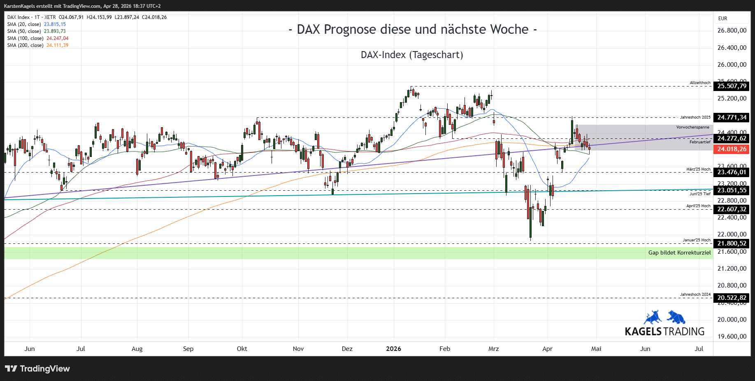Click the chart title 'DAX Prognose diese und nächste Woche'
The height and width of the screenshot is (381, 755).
pyautogui.click(x=413, y=30)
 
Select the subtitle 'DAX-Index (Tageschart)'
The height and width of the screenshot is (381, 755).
pyautogui.click(x=412, y=55)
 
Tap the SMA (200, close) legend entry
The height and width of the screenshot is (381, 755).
pyautogui.click(x=37, y=45)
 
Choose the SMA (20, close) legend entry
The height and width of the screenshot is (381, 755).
pyautogui.click(x=36, y=24)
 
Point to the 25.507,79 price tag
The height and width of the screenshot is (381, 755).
pyautogui.click(x=732, y=86)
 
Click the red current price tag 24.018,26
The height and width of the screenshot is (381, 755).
pyautogui.click(x=732, y=149)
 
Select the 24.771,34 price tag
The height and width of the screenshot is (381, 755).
pyautogui.click(x=732, y=117)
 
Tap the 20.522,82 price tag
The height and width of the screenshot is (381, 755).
pyautogui.click(x=732, y=298)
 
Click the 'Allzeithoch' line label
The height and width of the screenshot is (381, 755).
pyautogui.click(x=700, y=83)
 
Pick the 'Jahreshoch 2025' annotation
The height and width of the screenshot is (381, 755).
pyautogui.click(x=695, y=117)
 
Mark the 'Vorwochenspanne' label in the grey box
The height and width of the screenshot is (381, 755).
pyautogui.click(x=692, y=127)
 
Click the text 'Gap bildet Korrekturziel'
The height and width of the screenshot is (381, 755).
pyautogui.click(x=679, y=252)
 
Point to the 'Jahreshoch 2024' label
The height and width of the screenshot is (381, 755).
pyautogui.click(x=695, y=295)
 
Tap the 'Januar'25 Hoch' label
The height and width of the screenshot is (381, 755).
pyautogui.click(x=696, y=240)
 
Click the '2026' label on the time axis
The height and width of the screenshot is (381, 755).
pyautogui.click(x=393, y=349)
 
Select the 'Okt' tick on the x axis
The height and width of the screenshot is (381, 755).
pyautogui.click(x=242, y=349)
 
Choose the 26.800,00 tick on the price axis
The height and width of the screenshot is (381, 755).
pyautogui.click(x=732, y=30)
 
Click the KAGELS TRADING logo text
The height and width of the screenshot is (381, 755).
pyautogui.click(x=664, y=331)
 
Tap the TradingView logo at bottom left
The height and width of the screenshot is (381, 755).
pyautogui.click(x=37, y=369)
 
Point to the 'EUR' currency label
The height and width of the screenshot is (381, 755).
pyautogui.click(x=722, y=19)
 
